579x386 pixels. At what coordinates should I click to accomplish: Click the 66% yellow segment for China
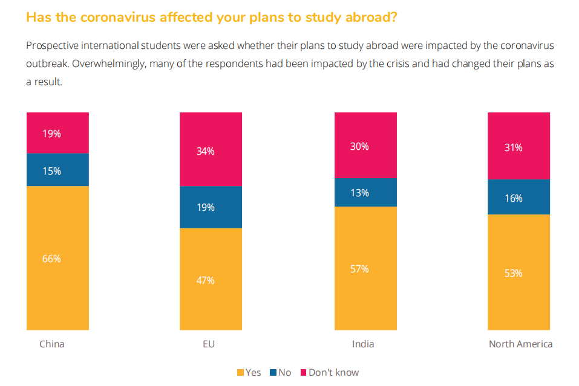pos(57,258)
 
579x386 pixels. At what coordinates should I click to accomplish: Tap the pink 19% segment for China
pos(57,133)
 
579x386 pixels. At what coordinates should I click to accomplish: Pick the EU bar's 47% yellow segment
pos(211,279)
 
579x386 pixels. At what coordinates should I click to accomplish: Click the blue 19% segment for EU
pos(211,207)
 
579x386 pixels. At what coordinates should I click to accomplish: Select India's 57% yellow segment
pos(365,268)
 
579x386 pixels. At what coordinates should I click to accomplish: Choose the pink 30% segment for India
pos(365,146)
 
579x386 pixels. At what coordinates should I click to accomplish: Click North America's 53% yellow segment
pos(519,272)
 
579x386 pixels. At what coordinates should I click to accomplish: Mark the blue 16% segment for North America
pos(519,197)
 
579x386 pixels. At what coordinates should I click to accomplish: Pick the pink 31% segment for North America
pos(519,146)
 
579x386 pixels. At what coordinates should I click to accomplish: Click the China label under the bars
pos(52,344)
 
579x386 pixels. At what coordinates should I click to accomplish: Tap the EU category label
pos(209,344)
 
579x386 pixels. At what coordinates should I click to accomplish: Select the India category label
pos(363,344)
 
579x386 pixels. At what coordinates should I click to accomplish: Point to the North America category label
pos(520,344)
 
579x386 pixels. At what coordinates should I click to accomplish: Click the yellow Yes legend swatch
pos(240,373)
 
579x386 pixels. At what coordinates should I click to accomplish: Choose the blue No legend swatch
pos(273,373)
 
